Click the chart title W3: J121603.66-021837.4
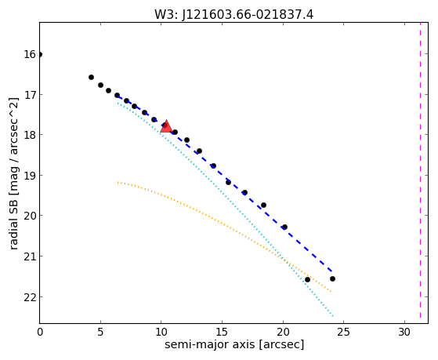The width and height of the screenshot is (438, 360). tap(233, 14)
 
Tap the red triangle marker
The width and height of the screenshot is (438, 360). tap(166, 126)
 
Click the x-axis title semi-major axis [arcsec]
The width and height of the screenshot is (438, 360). tap(234, 344)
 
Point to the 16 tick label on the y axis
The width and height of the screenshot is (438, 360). tap(30, 54)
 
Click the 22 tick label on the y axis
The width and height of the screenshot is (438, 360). tap(30, 297)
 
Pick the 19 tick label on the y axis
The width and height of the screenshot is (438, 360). tap(30, 176)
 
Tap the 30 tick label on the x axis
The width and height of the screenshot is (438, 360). tap(404, 332)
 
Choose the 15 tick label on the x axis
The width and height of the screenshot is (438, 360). tap(222, 332)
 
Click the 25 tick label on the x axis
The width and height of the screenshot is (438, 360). tap(343, 332)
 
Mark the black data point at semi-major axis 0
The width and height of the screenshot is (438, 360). tap(40, 54)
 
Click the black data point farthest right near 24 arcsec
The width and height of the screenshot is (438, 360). tap(332, 278)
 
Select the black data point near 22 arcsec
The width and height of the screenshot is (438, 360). tap(307, 279)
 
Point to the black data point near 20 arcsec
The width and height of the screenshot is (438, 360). tap(284, 227)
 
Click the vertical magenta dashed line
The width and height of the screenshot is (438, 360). tap(420, 173)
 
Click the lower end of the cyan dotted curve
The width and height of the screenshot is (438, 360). tap(333, 316)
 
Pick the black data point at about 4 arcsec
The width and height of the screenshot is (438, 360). tap(91, 77)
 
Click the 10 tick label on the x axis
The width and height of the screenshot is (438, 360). tap(161, 332)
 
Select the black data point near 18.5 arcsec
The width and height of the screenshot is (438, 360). tap(263, 205)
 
